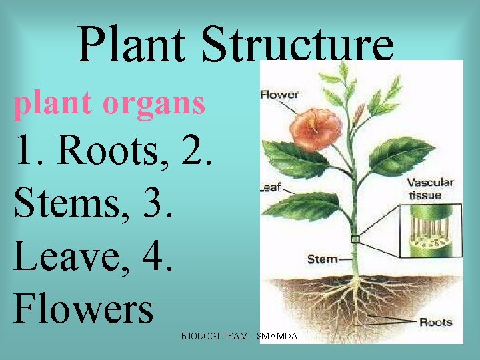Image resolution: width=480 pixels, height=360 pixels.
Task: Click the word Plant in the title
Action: [x=133, y=45]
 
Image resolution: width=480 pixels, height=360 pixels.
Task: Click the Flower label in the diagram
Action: [x=279, y=94]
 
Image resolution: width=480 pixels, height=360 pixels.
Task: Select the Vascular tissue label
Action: [x=430, y=189]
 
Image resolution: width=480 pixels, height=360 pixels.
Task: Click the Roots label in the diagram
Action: [x=436, y=322]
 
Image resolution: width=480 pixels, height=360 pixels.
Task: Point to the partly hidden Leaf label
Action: [x=270, y=188]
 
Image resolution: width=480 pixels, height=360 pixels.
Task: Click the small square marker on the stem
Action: [x=355, y=239]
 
